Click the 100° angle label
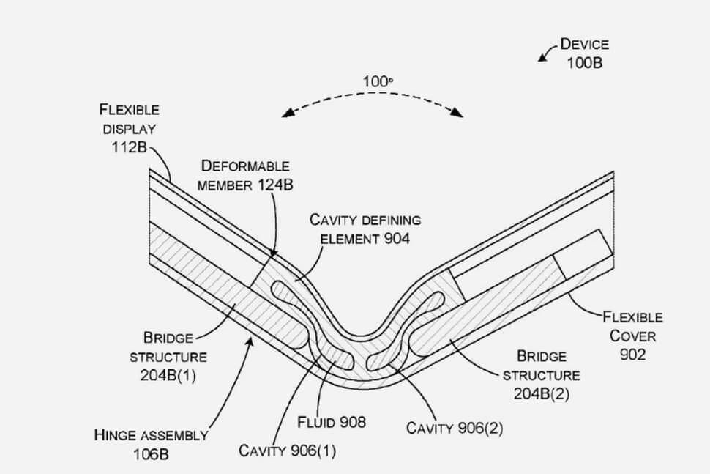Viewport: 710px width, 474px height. tap(378, 82)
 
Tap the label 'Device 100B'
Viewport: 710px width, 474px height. tap(584, 53)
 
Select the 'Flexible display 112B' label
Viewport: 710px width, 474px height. tap(130, 129)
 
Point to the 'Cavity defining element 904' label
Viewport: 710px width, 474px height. tap(365, 228)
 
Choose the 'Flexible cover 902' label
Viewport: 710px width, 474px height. tap(633, 336)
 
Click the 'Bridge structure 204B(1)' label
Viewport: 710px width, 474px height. tap(168, 358)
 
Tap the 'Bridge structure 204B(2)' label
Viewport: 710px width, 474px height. tap(542, 375)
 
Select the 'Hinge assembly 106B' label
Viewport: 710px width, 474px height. tap(151, 444)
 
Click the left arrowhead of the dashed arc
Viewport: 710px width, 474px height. tap(287, 114)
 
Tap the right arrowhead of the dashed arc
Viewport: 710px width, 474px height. tap(458, 113)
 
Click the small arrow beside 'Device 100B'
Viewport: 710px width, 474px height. tap(545, 53)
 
